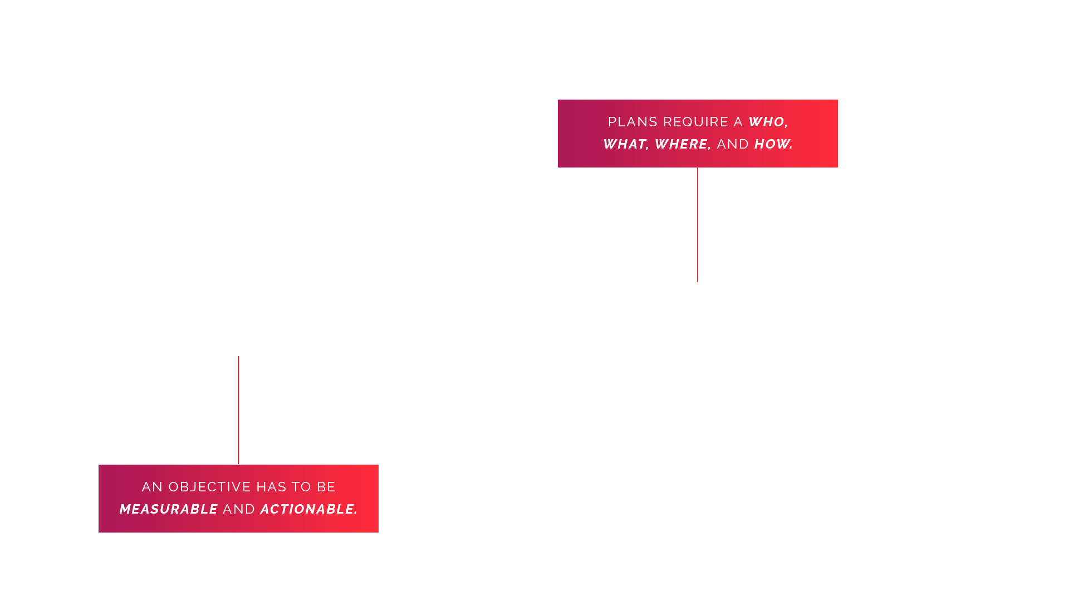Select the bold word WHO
pos(766,122)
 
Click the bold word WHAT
pos(624,144)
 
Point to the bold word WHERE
pos(681,144)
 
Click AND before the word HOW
pos(733,144)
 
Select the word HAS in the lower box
pos(271,487)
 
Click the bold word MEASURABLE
pos(169,509)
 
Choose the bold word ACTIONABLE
pos(307,509)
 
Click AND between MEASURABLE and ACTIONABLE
pos(239,509)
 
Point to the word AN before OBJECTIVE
pos(152,487)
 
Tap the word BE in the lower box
pos(326,487)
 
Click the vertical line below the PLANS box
pos(697,225)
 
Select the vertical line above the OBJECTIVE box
pos(238,410)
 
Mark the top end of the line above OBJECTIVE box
pos(238,357)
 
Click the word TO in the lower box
pos(301,487)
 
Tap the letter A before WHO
pos(738,122)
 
